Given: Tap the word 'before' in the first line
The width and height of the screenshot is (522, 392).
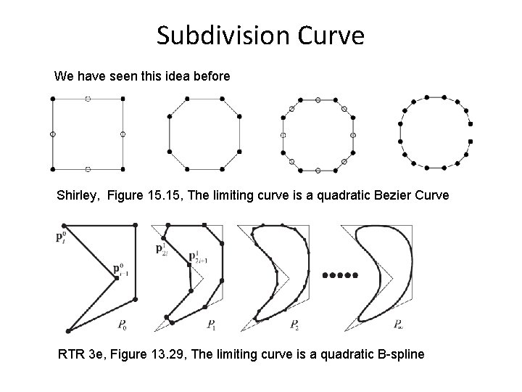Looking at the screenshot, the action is (x=210, y=75).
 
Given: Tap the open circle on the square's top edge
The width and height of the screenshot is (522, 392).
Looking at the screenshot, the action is (x=88, y=98).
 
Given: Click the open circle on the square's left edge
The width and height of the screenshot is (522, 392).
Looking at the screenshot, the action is (x=52, y=134).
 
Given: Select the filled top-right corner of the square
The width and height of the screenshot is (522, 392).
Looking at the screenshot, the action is (x=123, y=98).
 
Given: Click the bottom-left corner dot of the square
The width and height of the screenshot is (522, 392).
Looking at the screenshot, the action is (x=52, y=169).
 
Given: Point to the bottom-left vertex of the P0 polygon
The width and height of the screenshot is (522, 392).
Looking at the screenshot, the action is (x=68, y=330).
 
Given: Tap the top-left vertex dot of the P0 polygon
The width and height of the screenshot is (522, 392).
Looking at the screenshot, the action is (x=67, y=227).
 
